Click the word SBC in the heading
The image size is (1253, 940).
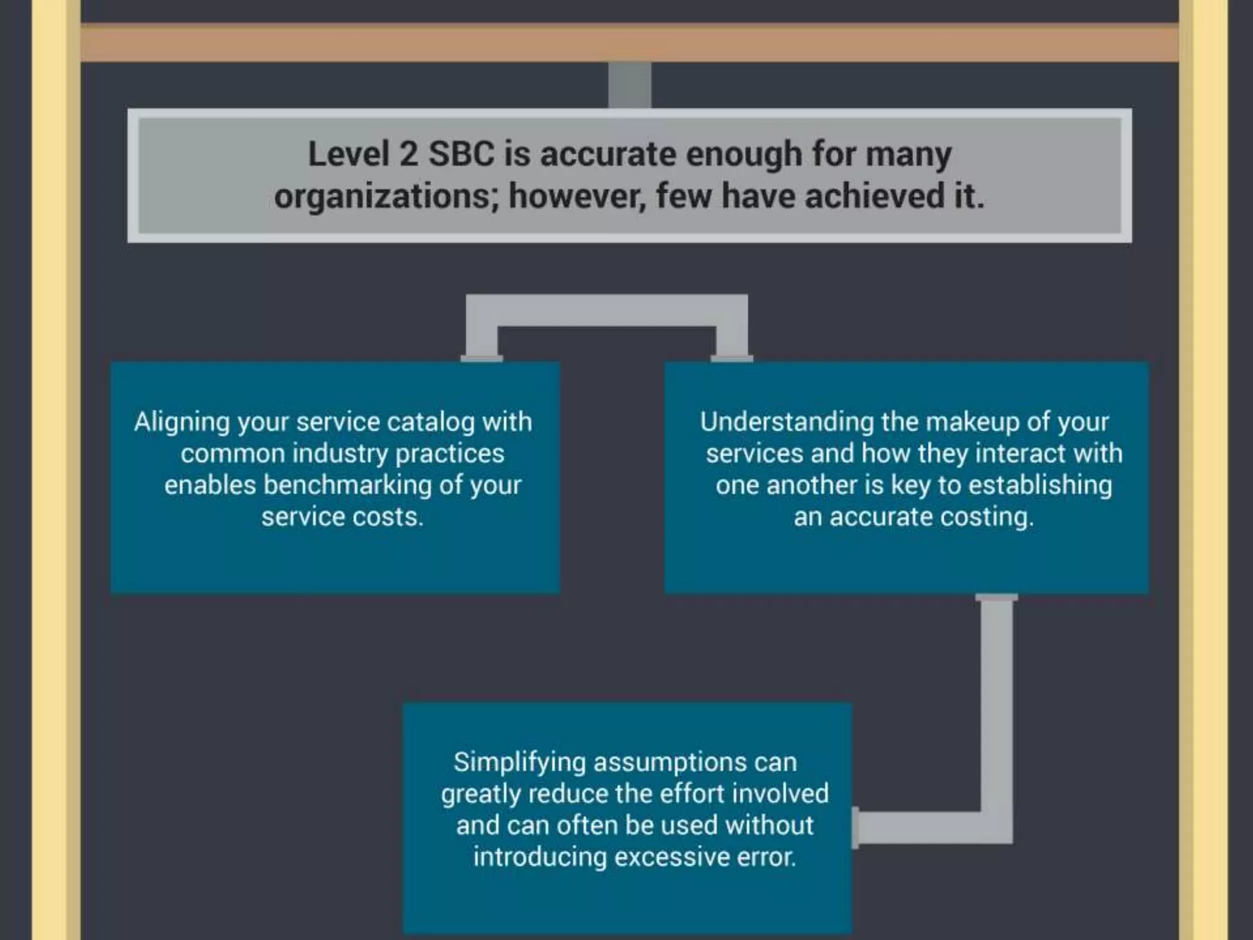pyautogui.click(x=461, y=154)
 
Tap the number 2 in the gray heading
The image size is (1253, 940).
pyautogui.click(x=408, y=154)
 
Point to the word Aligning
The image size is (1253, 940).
pyautogui.click(x=181, y=423)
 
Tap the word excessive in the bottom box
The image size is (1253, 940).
pyautogui.click(x=671, y=857)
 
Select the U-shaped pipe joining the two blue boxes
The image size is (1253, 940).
pyautogui.click(x=606, y=311)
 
